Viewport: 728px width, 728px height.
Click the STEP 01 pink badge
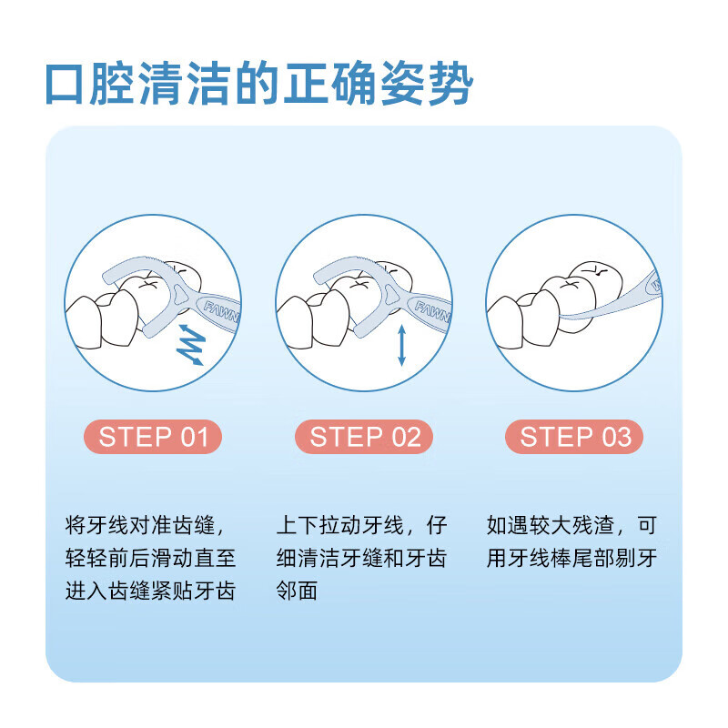154,437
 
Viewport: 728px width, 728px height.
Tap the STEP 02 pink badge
364,437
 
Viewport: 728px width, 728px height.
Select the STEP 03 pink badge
574,437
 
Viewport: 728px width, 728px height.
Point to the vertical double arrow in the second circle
401,344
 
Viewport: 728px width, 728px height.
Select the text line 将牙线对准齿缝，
145,526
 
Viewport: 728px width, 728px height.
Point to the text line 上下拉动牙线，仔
361,526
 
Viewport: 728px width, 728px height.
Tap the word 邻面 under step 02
297,591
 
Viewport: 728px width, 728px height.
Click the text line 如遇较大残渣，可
571,526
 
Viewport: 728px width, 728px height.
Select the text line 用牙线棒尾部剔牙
571,558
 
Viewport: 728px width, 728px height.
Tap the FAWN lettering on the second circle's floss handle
432,313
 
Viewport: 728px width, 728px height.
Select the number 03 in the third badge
614,437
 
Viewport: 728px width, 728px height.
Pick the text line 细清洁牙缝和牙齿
361,558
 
